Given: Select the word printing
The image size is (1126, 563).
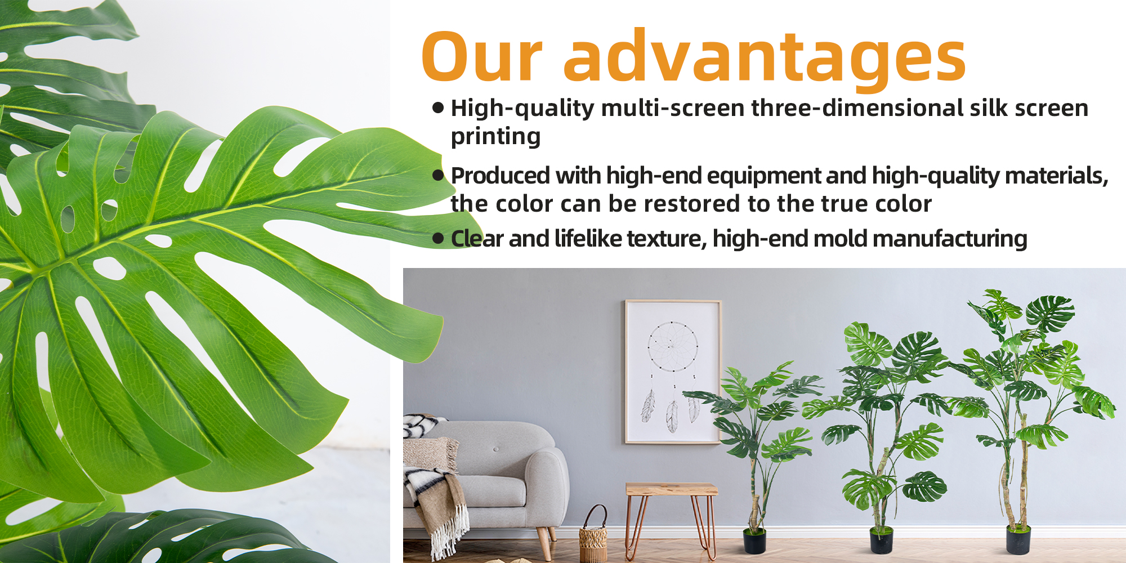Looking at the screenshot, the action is point(496,136).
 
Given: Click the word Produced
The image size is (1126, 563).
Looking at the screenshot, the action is point(501,176).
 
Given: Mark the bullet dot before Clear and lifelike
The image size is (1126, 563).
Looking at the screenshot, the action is point(439,239).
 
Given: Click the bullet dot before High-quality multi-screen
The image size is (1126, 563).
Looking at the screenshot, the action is point(439,108).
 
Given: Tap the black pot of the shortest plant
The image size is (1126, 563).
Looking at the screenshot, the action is point(754,540).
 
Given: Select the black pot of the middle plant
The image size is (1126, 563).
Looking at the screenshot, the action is point(881,540).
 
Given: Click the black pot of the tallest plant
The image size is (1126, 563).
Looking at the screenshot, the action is point(1018,539).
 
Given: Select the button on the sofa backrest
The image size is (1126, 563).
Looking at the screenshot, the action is point(496,449).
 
